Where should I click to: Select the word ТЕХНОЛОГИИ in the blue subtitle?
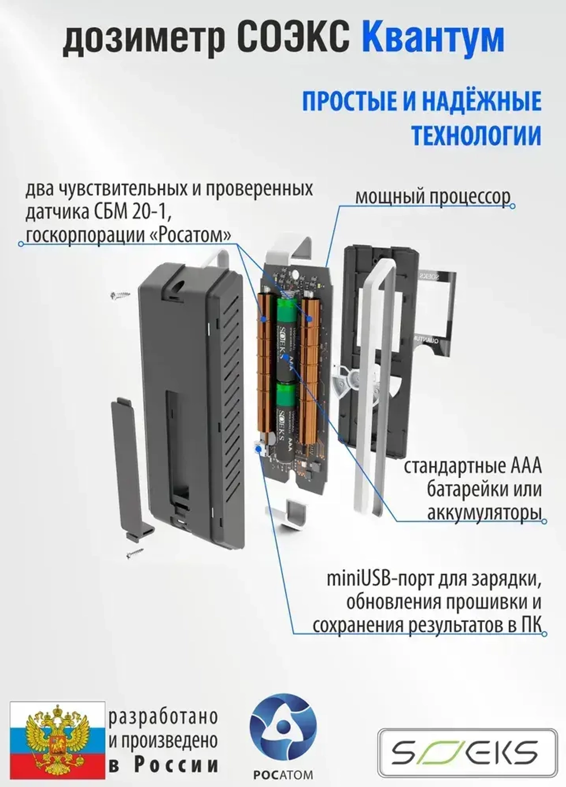click(475, 136)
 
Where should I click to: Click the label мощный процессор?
click(432, 197)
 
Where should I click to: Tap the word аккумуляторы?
click(484, 513)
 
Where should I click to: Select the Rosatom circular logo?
click(282, 730)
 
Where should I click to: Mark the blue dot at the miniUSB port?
click(259, 449)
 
